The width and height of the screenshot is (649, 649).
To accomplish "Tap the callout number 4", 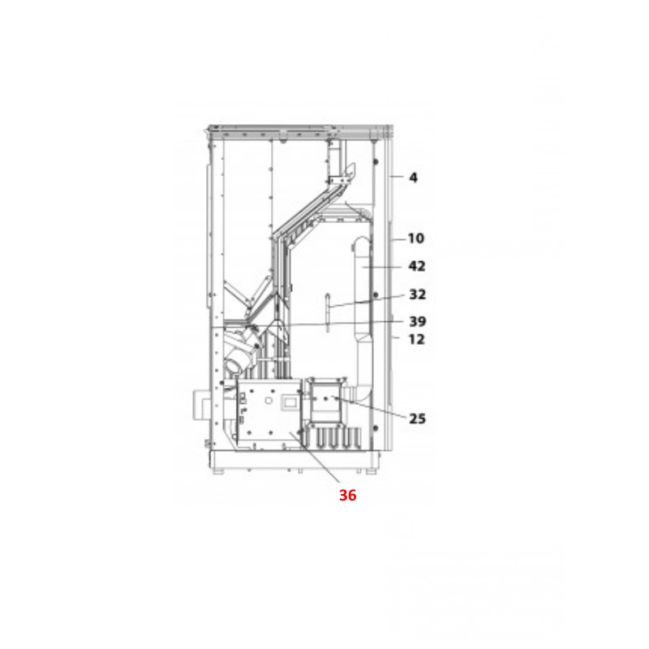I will tap(413, 177).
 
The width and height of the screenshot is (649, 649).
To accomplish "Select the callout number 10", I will tap(415, 239).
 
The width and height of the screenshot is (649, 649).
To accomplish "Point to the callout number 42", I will tap(417, 266).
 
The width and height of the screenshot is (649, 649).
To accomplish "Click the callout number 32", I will tap(417, 294).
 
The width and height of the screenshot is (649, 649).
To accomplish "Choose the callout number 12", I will tap(416, 340).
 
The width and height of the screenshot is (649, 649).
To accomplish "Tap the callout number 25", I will tap(417, 419).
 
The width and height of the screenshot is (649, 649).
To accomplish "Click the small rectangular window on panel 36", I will tap(289, 401).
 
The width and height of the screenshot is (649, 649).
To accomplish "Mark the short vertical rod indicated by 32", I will tap(325, 312).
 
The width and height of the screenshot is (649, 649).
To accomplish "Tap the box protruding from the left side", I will tap(199, 403).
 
